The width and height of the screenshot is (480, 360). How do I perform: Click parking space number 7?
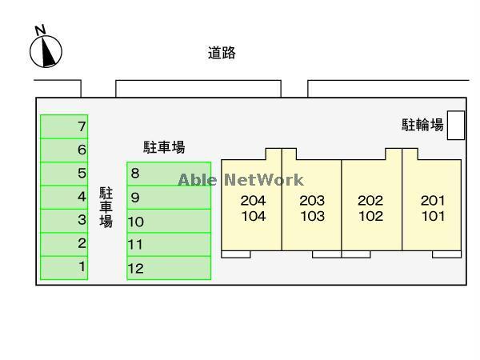click(64, 126)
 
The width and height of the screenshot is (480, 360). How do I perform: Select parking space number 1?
click(64, 267)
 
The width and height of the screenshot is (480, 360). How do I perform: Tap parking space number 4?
click(64, 197)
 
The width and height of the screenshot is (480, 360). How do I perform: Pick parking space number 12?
click(169, 268)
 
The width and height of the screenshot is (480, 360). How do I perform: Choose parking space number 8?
click(169, 174)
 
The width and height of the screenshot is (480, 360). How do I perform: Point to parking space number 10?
click(169, 222)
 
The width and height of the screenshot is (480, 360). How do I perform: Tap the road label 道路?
click(222, 54)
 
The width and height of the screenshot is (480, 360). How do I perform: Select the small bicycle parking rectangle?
click(456, 125)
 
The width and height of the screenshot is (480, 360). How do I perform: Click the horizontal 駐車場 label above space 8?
click(164, 147)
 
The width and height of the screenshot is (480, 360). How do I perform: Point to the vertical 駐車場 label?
click(106, 207)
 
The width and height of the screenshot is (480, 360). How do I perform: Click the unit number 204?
click(253, 201)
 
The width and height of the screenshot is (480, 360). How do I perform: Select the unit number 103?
click(312, 216)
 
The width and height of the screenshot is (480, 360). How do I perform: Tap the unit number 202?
click(370, 201)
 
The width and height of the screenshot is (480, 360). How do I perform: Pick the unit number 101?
click(432, 216)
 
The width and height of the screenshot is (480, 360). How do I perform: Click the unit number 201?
click(432, 201)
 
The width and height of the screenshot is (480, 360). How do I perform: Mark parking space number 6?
click(64, 150)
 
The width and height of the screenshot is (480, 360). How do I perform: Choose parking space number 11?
click(169, 245)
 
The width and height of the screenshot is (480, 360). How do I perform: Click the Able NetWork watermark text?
click(240, 180)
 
